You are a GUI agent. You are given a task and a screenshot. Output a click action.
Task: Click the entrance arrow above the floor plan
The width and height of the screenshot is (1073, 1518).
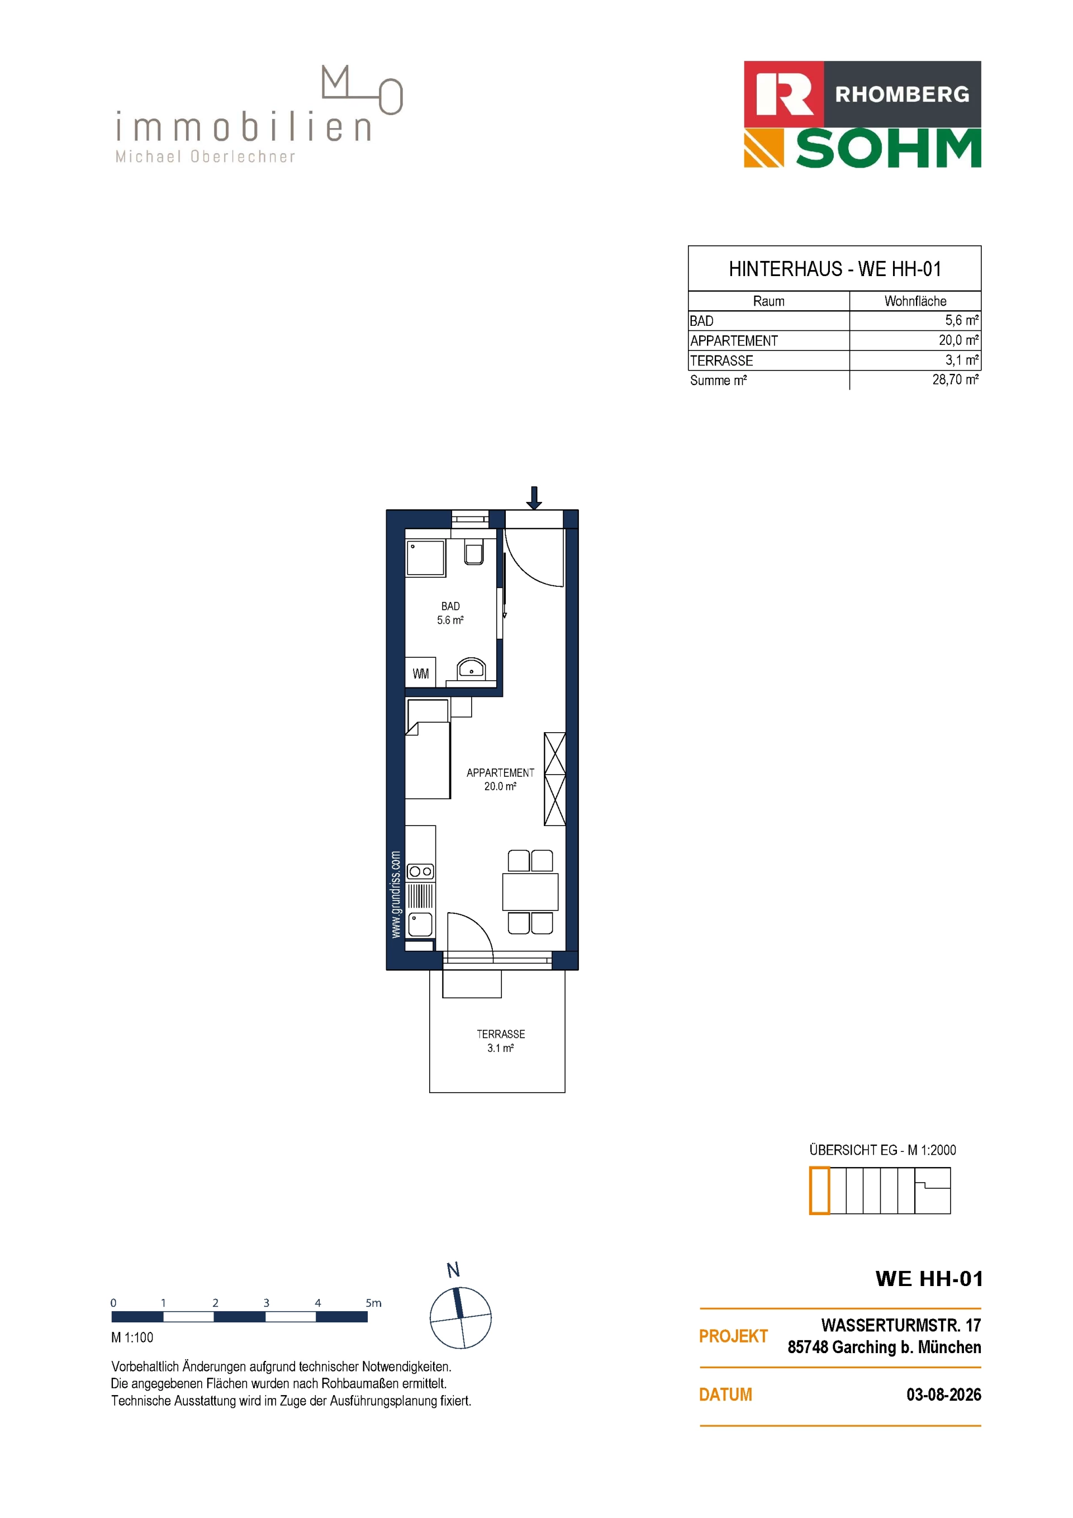(x=534, y=498)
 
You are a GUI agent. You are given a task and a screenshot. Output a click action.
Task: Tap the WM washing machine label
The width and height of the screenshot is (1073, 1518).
(x=420, y=673)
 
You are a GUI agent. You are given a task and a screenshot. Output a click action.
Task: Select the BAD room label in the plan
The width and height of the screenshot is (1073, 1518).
(x=450, y=606)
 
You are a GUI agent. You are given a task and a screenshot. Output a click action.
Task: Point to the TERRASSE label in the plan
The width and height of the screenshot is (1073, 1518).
(x=501, y=1034)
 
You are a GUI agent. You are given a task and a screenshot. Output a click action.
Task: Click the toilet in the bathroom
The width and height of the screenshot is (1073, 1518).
(x=473, y=553)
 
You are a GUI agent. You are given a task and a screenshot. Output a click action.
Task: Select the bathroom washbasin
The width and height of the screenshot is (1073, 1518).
(x=471, y=669)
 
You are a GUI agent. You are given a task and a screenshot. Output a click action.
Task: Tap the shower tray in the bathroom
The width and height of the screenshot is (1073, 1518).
(x=426, y=559)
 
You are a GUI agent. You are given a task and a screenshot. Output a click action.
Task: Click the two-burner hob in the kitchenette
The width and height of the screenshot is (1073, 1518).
(x=420, y=871)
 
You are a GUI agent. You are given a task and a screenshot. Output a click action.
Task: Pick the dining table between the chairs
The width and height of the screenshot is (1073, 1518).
(x=530, y=892)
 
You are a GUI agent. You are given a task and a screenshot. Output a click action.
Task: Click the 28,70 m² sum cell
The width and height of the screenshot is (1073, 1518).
(x=955, y=379)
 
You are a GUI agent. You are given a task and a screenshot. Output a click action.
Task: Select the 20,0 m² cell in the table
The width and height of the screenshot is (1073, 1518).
(x=958, y=340)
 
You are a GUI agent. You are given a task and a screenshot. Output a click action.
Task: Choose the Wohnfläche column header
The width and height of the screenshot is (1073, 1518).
(x=915, y=301)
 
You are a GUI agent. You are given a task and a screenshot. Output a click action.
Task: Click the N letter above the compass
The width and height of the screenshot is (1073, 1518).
(x=453, y=1270)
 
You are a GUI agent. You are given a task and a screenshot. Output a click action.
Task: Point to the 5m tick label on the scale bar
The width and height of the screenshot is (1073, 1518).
(x=373, y=1302)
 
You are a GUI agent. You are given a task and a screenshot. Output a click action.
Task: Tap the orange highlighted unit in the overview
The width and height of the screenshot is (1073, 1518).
(x=819, y=1190)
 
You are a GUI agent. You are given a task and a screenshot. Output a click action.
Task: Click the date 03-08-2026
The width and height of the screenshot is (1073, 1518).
(x=943, y=1394)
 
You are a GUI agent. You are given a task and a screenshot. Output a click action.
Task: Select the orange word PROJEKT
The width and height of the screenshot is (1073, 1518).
(x=733, y=1336)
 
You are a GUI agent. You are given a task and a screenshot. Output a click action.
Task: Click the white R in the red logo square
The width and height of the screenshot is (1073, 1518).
(x=784, y=94)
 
